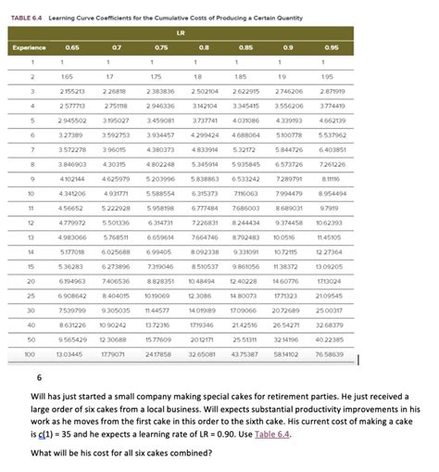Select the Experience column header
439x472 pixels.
(x=30, y=47)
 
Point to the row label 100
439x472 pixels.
(x=30, y=353)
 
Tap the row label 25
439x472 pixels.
(x=30, y=295)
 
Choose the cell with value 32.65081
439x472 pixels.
(x=202, y=353)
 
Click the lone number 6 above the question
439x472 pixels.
(x=39, y=378)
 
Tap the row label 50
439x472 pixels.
(x=30, y=338)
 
